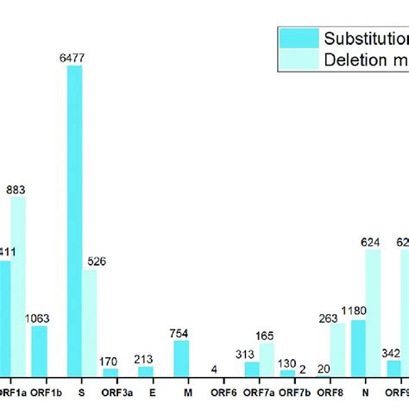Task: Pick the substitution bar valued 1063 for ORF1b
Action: coord(40,350)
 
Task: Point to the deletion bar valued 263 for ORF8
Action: coord(338,349)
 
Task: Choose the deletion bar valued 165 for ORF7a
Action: coord(267,359)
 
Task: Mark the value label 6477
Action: coord(75,57)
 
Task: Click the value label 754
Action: coord(181,333)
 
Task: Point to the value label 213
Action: coord(146,359)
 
